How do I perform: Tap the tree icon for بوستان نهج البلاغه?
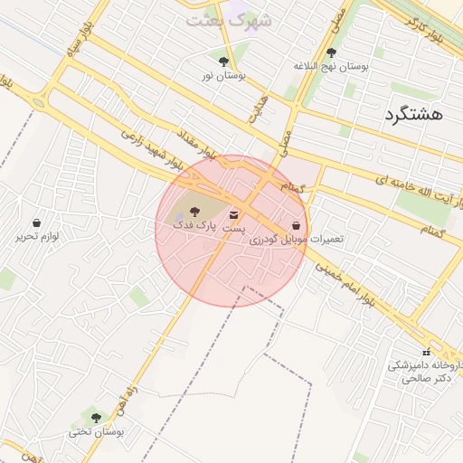tap(331, 52)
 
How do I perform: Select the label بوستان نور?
tap(222, 77)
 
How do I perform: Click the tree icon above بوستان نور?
tap(223, 61)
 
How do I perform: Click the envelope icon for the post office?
tap(235, 215)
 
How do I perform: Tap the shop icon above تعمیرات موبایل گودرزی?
tap(297, 223)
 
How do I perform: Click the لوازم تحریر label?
tap(37, 237)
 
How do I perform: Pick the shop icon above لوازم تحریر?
tap(37, 222)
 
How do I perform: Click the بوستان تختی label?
tap(96, 432)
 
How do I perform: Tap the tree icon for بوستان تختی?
tap(96, 417)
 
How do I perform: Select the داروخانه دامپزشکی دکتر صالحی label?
tap(423, 372)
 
